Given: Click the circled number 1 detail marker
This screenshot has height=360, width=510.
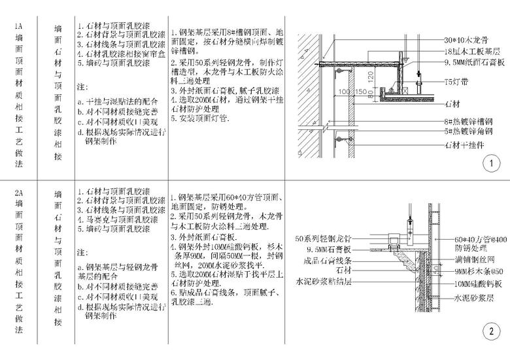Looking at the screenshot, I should click(x=488, y=163).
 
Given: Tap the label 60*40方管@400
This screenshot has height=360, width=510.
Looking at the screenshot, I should click(x=480, y=239).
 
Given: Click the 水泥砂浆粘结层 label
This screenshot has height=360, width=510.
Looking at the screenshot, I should click(x=324, y=282).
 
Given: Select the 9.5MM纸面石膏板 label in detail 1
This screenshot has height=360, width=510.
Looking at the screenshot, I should click(x=474, y=63).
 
